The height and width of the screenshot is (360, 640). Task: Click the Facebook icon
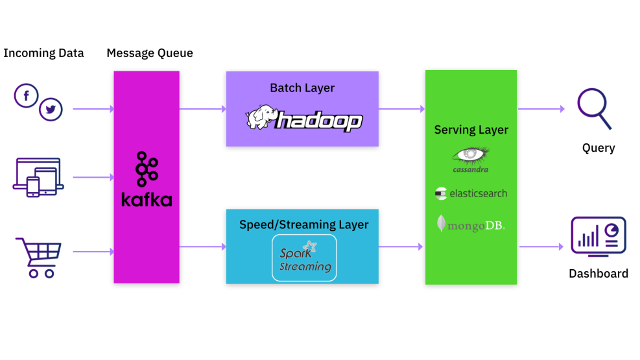coord(27,97)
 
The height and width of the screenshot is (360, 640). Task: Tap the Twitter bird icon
coord(51,110)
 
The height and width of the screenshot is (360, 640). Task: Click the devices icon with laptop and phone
coord(38,177)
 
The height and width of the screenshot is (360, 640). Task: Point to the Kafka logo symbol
coord(146,170)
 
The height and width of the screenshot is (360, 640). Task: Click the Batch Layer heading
coord(302,88)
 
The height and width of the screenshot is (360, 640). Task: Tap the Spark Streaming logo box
coord(304,258)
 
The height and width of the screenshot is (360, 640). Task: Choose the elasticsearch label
coord(471,193)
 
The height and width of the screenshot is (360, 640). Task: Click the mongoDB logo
coord(471,224)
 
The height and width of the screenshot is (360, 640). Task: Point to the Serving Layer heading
coord(471,130)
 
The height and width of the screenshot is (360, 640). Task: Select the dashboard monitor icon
coord(598,237)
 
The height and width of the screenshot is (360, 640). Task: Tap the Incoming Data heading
coord(43,53)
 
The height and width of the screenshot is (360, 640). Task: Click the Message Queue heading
coord(150,53)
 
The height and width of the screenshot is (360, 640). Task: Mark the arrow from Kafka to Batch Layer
coord(202,109)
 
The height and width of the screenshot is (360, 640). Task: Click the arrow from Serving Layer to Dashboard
coord(541,246)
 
